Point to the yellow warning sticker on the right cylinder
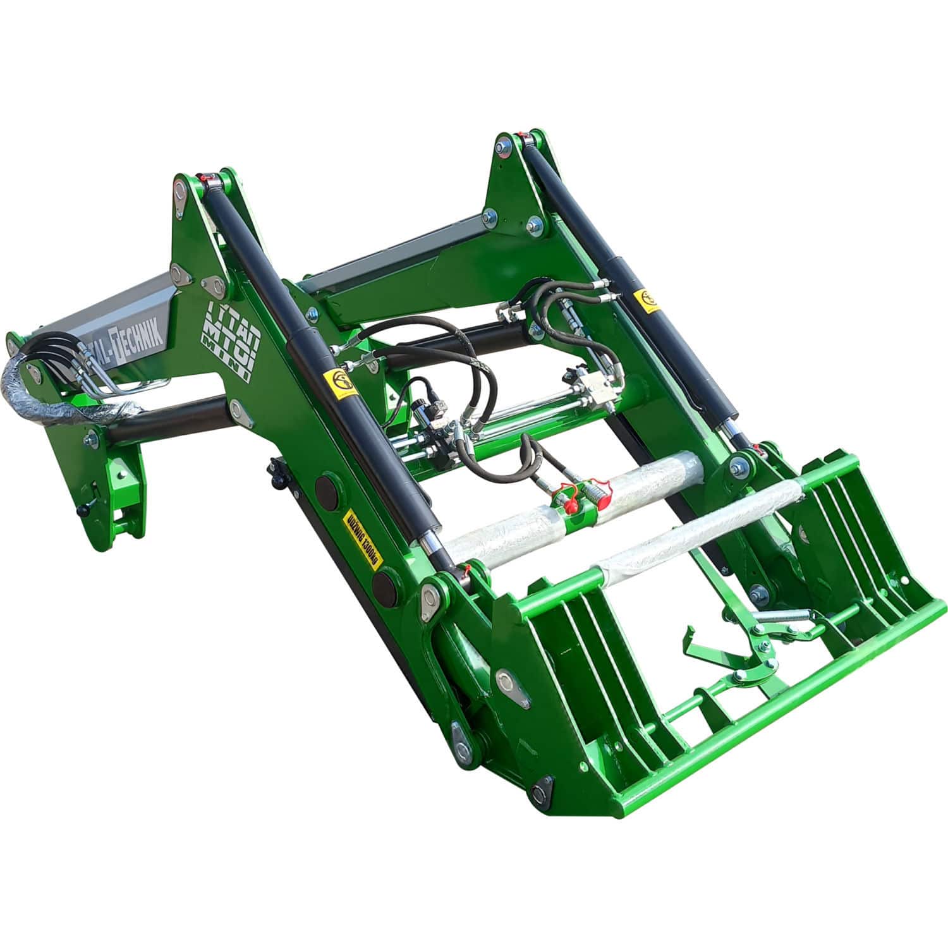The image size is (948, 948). [x=648, y=300]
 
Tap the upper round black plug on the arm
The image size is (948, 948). [x=327, y=488]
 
